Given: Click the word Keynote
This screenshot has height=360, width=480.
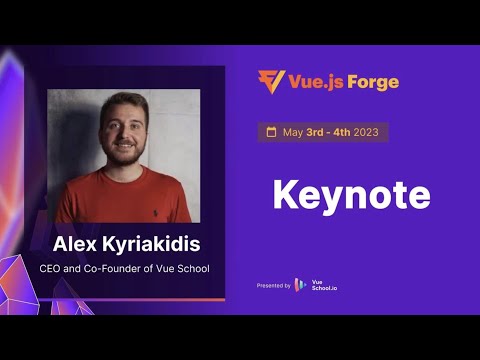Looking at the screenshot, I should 351,194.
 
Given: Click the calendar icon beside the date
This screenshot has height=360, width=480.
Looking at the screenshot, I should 270,132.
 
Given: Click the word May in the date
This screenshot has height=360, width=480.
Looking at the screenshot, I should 293,132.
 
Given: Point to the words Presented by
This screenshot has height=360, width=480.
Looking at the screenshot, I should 274,285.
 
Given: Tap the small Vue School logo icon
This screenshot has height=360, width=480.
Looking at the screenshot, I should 300,285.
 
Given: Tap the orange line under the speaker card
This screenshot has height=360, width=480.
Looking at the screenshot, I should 125,298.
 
